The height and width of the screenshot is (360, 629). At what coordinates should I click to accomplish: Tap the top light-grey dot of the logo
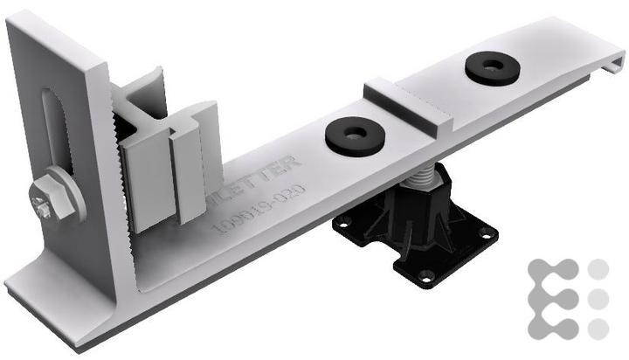pyautogui.click(x=598, y=269)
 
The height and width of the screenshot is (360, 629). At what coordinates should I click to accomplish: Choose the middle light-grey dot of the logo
pyautogui.click(x=598, y=299)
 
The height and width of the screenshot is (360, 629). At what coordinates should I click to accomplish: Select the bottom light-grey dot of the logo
pyautogui.click(x=598, y=329)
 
